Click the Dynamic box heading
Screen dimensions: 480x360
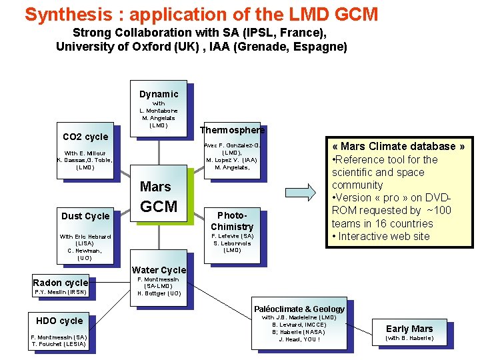point(159,94)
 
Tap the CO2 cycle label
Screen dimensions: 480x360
point(85,137)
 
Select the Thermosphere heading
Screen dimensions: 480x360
point(233,130)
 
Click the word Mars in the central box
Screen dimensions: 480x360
point(155,187)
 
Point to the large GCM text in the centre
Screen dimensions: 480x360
point(159,207)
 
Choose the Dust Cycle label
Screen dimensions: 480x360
point(85,216)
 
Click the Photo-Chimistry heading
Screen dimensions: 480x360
point(232,221)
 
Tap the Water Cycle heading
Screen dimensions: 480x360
point(159,270)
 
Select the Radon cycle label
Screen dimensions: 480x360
point(61,283)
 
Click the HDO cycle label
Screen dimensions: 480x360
point(60,321)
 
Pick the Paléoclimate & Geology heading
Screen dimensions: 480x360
point(299,309)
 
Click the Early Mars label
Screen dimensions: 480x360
point(409,328)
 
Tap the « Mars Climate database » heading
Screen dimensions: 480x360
point(399,146)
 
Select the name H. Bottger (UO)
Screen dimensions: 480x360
point(159,293)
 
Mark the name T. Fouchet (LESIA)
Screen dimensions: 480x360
point(59,344)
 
